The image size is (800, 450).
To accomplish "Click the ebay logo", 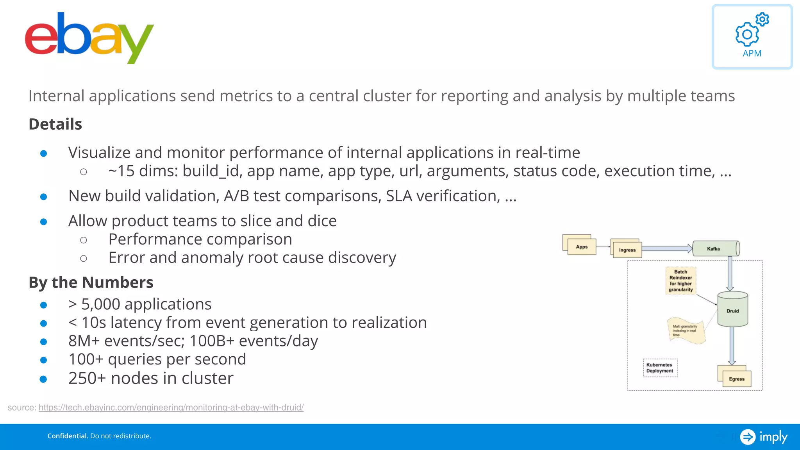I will pyautogui.click(x=89, y=38).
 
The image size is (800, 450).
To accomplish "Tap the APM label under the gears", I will pyautogui.click(x=752, y=54).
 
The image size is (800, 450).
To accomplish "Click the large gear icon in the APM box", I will pyautogui.click(x=747, y=34).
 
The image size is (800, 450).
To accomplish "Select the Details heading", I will pyautogui.click(x=55, y=124).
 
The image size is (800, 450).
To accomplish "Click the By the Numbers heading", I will pyautogui.click(x=91, y=282).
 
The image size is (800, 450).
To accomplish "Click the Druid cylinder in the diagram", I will pyautogui.click(x=732, y=311).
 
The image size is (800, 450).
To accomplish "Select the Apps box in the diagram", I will pyautogui.click(x=582, y=247).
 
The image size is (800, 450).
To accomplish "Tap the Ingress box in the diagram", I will pyautogui.click(x=627, y=250).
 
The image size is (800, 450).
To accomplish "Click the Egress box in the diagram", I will pyautogui.click(x=736, y=379).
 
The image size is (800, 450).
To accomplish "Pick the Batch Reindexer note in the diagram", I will pyautogui.click(x=680, y=280).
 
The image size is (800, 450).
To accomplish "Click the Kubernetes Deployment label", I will pyautogui.click(x=660, y=368).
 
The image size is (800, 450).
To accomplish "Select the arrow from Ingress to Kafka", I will pyautogui.click(x=666, y=248).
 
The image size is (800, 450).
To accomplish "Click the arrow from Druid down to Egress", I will pyautogui.click(x=732, y=345).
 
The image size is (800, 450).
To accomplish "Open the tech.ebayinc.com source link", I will pyautogui.click(x=171, y=407).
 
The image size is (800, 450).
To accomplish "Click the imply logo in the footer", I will pyautogui.click(x=764, y=437).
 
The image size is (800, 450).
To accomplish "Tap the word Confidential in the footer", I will pyautogui.click(x=68, y=436).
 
